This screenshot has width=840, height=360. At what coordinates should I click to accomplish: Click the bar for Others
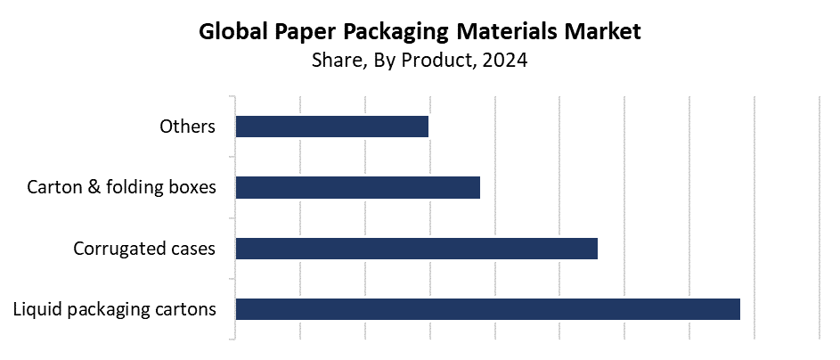[x=331, y=127]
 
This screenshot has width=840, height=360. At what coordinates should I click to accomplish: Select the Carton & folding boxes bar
[x=357, y=187]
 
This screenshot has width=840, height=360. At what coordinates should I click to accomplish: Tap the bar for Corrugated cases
[x=416, y=248]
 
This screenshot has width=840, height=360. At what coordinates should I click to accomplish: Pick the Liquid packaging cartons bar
[x=487, y=308]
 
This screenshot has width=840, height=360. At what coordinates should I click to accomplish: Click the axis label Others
[x=187, y=127]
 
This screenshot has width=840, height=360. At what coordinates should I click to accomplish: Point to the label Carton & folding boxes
[x=121, y=187]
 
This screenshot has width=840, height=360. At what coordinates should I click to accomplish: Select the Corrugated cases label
[x=144, y=248]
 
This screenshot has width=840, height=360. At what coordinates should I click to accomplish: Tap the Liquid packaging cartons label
[x=115, y=309]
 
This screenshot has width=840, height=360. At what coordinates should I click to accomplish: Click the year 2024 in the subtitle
[x=506, y=61]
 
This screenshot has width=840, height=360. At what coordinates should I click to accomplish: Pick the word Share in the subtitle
[x=334, y=61]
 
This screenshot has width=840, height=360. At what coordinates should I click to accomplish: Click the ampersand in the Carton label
[x=94, y=187]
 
